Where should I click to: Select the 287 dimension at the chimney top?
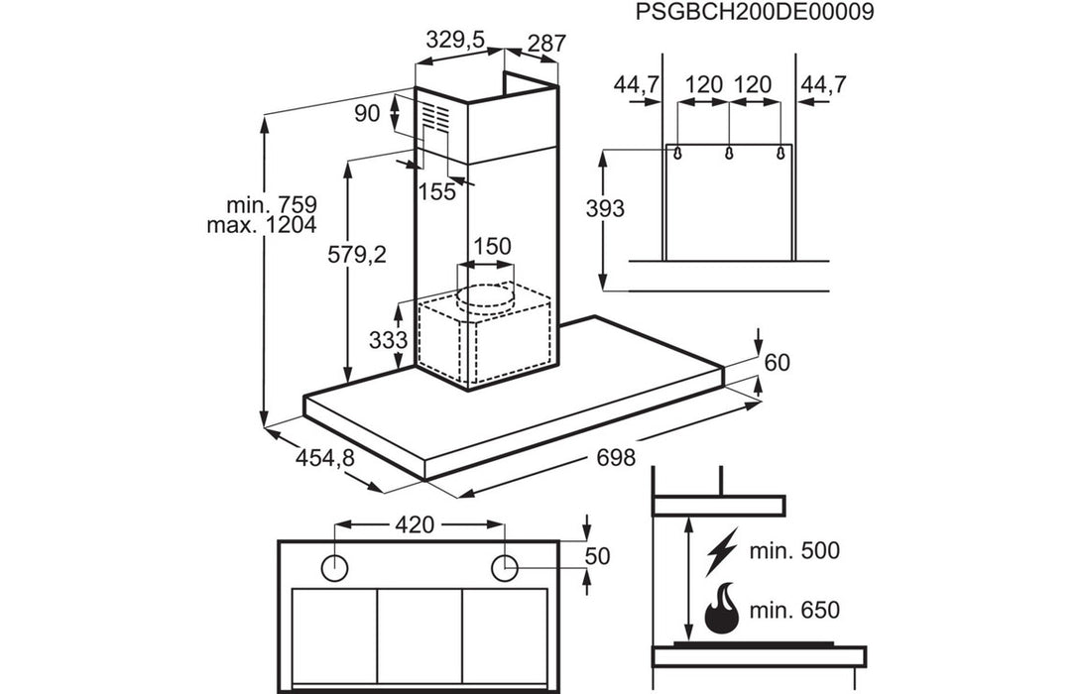tap(546, 44)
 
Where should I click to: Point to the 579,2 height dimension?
tap(356, 255)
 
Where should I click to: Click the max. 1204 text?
tap(262, 226)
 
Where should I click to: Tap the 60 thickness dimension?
tap(778, 362)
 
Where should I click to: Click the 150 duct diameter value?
tap(493, 246)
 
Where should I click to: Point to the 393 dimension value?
tap(605, 208)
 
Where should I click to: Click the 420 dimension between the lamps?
tap(415, 524)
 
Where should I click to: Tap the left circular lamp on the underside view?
tap(335, 567)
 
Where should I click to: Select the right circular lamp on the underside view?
tap(505, 567)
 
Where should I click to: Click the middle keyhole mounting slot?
tap(729, 154)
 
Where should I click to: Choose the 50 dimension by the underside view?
tap(597, 555)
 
